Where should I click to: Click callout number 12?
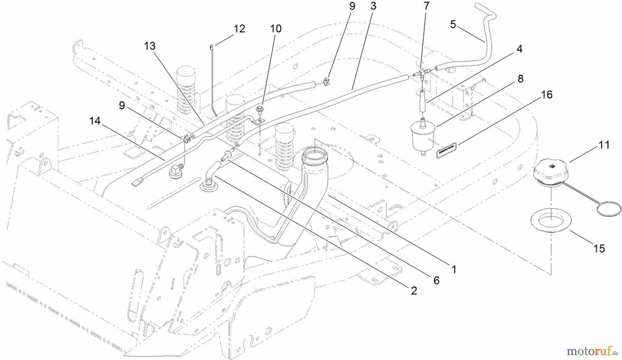click(x=239, y=29)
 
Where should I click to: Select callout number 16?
click(x=547, y=94)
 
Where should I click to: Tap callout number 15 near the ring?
click(x=599, y=248)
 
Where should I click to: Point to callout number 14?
click(x=95, y=121)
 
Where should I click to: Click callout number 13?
click(x=150, y=46)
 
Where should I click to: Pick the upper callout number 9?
click(x=352, y=7)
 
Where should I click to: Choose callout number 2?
click(x=414, y=291)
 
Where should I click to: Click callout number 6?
click(x=436, y=280)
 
